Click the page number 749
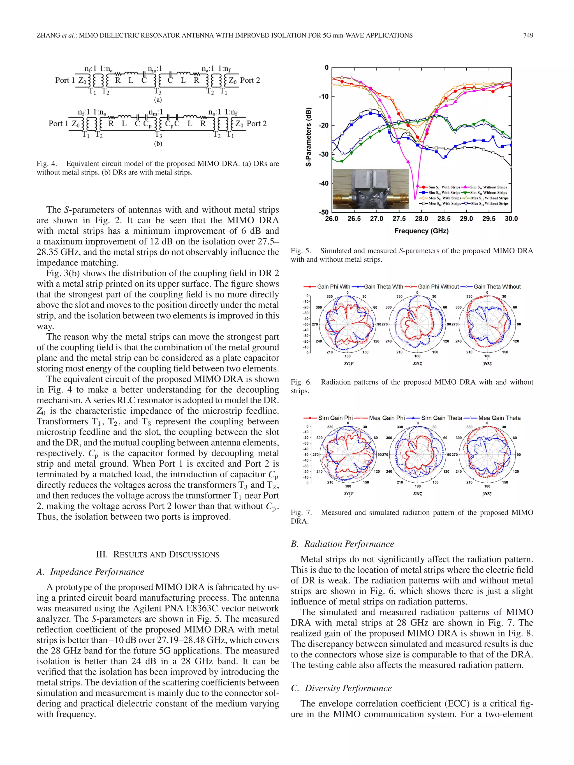(528, 35)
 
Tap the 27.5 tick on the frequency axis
(399, 218)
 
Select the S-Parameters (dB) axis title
(308, 137)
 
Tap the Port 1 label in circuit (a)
(64, 80)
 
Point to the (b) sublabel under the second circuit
(158, 143)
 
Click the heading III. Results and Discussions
(158, 554)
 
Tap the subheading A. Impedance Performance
(90, 572)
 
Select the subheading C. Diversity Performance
(341, 688)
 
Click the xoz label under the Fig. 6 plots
(417, 363)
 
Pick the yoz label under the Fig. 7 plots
(487, 493)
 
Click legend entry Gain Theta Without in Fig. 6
(496, 287)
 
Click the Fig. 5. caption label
(301, 251)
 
